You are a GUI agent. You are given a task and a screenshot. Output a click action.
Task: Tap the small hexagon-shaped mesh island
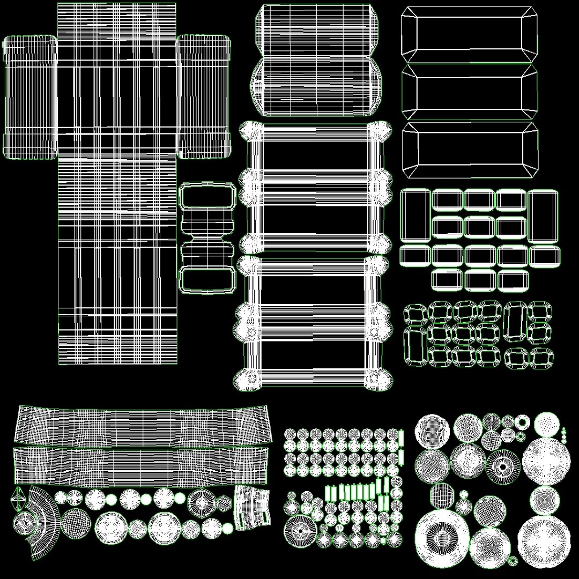click(223, 502)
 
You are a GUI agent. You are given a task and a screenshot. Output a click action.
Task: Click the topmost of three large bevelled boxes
click(469, 33)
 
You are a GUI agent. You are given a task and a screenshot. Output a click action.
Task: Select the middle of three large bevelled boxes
click(469, 92)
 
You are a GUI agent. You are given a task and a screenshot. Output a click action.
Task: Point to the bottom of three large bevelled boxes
click(469, 150)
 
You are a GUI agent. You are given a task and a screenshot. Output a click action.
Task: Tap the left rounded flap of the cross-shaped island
click(30, 97)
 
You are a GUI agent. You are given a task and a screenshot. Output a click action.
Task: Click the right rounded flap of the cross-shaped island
click(204, 97)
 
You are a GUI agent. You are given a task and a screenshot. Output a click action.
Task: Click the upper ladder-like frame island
click(316, 188)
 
